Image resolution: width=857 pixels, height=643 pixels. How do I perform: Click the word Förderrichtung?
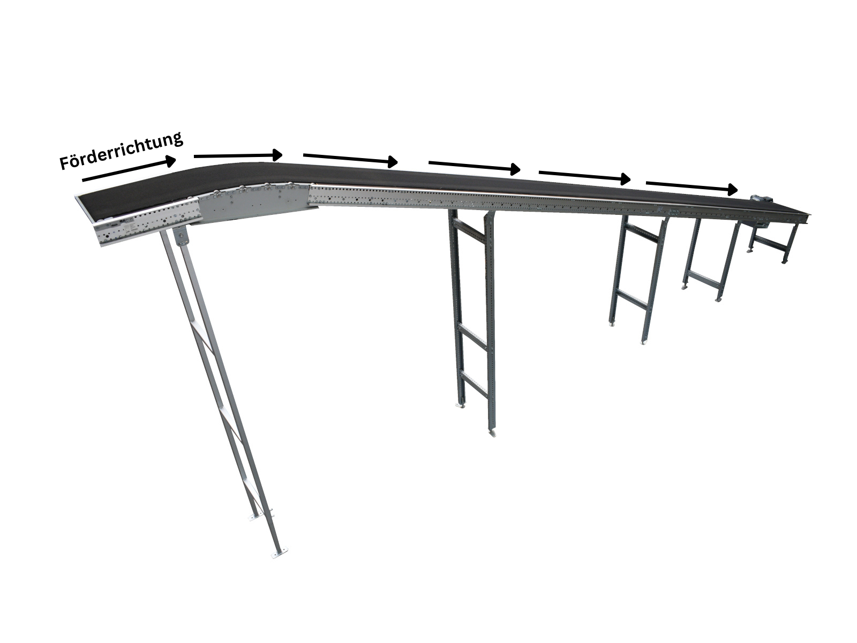pos(122,151)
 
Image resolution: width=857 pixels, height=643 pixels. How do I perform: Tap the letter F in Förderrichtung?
pos(65,162)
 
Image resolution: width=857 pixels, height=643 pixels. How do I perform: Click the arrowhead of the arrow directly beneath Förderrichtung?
pos(170,160)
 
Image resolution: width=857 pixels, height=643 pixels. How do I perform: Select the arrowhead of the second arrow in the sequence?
pos(277,155)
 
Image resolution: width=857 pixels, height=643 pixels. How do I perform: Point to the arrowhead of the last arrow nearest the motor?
pos(732,190)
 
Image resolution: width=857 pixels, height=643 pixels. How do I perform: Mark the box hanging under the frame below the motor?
pos(760,225)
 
